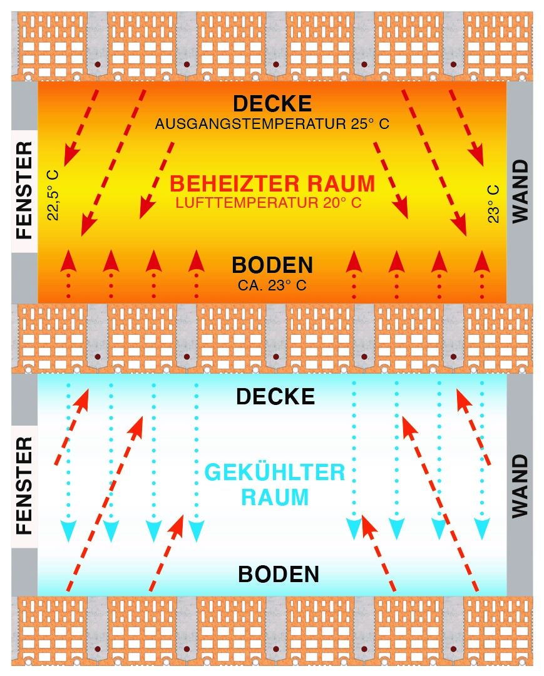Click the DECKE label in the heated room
[272, 103]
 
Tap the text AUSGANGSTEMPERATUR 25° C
[272, 124]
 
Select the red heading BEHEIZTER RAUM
[272, 184]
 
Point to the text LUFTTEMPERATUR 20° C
[269, 203]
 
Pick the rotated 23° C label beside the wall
[494, 203]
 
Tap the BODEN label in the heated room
[272, 265]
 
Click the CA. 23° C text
[272, 285]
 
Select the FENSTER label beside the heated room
[24, 190]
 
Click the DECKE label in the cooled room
[275, 397]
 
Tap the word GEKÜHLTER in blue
[275, 473]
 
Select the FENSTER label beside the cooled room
[24, 486]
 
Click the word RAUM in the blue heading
[275, 498]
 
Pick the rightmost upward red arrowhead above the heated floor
[481, 260]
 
